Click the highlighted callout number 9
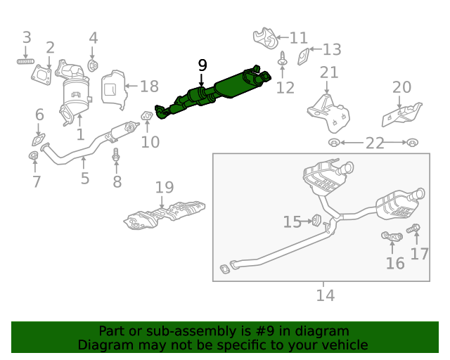coord(202,65)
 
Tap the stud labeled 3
coord(26,62)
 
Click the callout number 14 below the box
coord(324,295)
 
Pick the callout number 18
coord(149,86)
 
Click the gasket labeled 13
coord(303,56)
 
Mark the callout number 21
coord(329,72)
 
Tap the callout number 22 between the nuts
coord(375,143)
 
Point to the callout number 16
coord(395,263)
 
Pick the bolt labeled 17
coord(415,229)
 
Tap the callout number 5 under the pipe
coord(85,179)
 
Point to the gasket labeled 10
coord(147,115)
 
